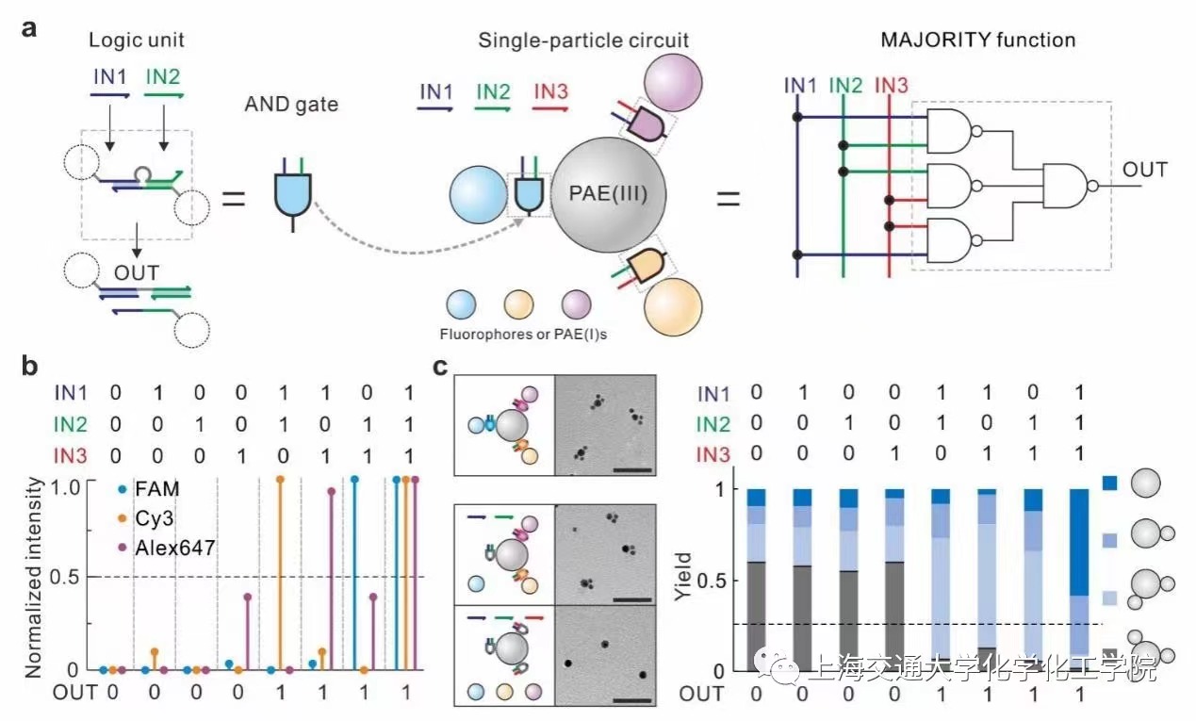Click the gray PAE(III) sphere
608,199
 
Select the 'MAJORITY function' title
977,41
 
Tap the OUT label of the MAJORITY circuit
1144,171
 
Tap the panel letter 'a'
30,28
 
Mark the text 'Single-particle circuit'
582,41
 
